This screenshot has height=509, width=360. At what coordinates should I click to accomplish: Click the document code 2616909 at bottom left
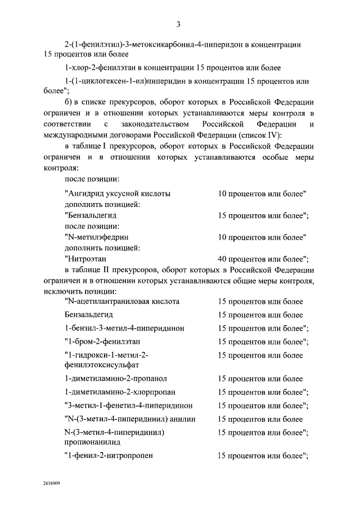[x=52, y=483]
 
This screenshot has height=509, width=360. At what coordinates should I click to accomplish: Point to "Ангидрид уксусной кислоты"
[x=118, y=193]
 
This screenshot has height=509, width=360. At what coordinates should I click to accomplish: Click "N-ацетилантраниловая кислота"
[x=122, y=302]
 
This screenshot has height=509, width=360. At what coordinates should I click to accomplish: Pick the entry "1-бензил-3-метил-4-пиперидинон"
[x=124, y=328]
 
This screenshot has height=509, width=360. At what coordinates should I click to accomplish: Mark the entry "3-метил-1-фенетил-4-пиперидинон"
[x=129, y=405]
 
